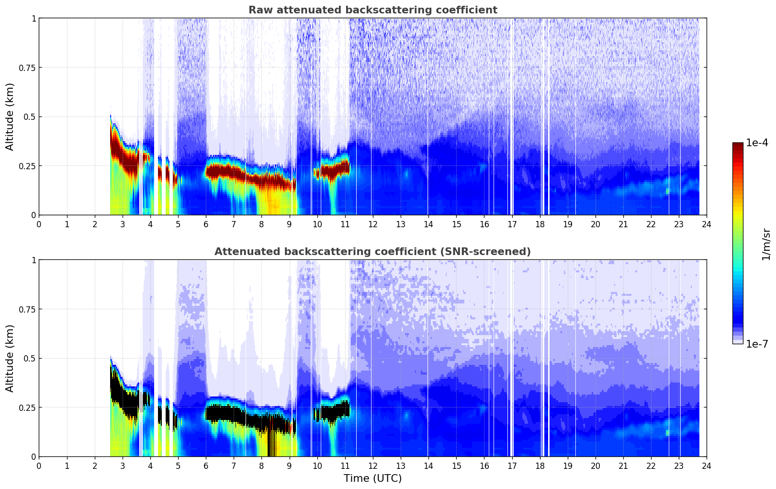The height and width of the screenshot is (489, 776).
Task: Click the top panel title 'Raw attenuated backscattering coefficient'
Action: pyautogui.click(x=372, y=10)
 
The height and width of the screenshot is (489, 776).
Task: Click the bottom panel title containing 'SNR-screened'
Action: pyautogui.click(x=372, y=252)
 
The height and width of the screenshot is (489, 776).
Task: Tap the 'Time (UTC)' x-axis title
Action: pyautogui.click(x=372, y=478)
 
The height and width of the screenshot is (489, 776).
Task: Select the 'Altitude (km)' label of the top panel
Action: pyautogui.click(x=10, y=116)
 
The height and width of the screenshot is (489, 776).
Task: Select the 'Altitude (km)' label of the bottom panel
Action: pyautogui.click(x=10, y=358)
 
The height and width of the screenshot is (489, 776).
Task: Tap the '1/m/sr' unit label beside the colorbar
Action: pyautogui.click(x=766, y=244)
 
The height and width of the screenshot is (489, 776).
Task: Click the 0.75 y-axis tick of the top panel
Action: pyautogui.click(x=27, y=68)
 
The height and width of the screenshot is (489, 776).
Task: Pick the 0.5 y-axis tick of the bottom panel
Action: pyautogui.click(x=30, y=358)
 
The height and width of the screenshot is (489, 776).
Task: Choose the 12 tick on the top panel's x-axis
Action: pyautogui.click(x=372, y=224)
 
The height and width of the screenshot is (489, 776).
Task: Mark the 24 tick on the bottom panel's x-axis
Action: pyautogui.click(x=706, y=466)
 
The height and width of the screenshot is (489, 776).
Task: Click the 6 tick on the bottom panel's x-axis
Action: pyautogui.click(x=206, y=466)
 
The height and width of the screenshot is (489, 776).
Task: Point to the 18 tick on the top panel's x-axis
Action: pyautogui.click(x=540, y=224)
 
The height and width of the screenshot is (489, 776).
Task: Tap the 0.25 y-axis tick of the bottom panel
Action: pyautogui.click(x=27, y=407)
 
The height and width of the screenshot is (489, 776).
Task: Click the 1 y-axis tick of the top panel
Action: pyautogui.click(x=34, y=18)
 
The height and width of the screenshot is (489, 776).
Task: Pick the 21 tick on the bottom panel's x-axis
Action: pyautogui.click(x=623, y=466)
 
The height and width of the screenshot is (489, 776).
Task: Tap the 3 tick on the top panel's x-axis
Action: pyautogui.click(x=123, y=224)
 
